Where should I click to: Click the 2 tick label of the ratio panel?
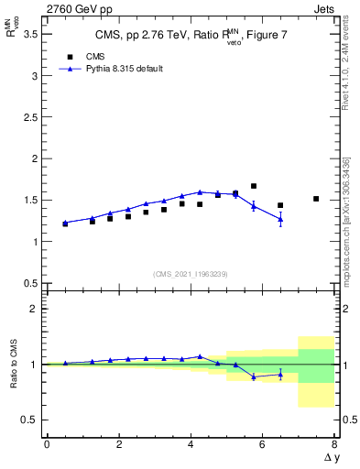pos(35,309)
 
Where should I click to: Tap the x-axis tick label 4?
pos(191,444)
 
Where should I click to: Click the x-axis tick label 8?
pos(334,444)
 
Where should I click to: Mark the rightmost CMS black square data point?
pos(316,199)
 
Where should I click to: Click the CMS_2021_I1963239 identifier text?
pos(190,274)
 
